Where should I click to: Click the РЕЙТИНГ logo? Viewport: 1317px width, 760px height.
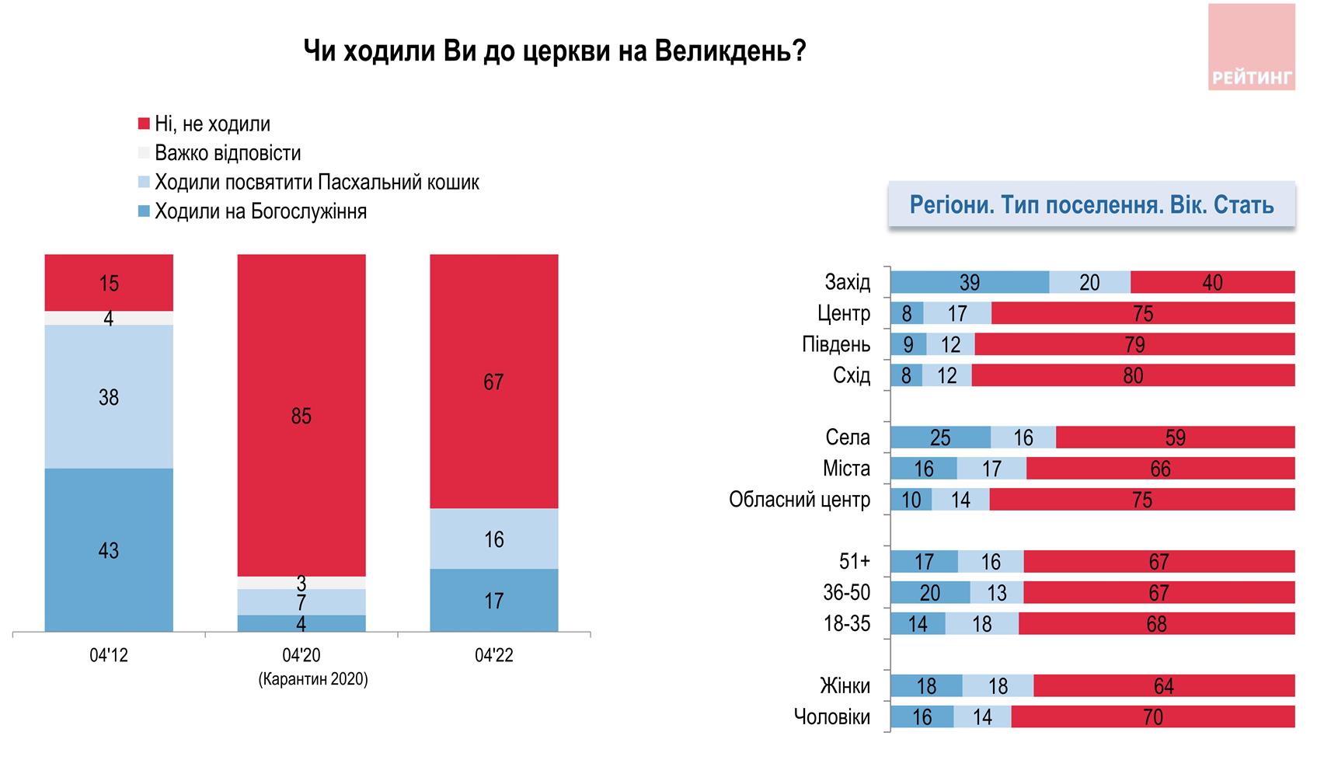pos(1251,47)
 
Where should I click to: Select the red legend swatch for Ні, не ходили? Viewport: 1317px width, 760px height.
pos(144,124)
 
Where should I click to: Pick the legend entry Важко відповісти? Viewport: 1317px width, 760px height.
pos(227,153)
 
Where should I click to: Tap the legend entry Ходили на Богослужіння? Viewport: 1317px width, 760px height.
pos(260,211)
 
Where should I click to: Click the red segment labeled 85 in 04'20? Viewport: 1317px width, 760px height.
pos(301,416)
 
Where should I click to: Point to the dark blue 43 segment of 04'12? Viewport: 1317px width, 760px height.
pos(109,550)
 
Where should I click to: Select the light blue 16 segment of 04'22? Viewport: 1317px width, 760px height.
pos(493,539)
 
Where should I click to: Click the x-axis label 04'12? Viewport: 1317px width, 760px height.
pos(109,656)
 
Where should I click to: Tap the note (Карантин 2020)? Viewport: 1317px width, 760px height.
pos(312,679)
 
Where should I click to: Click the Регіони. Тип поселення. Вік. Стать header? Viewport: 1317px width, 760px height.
pos(1091,204)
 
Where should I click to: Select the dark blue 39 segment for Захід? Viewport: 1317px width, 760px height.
pos(969,282)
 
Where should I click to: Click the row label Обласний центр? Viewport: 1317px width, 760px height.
pos(800,500)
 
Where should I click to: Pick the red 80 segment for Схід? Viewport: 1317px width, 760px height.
pos(1133,375)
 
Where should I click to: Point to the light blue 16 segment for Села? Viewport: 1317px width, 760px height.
pos(1023,438)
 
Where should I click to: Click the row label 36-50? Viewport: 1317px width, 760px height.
pos(847,593)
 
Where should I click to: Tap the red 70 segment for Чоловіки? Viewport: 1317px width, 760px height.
pos(1152,716)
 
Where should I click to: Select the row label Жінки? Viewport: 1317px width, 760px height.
pos(845,686)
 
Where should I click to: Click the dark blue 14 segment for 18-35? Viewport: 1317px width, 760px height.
pos(918,624)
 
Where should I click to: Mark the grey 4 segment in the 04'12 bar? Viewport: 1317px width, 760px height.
pos(109,318)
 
